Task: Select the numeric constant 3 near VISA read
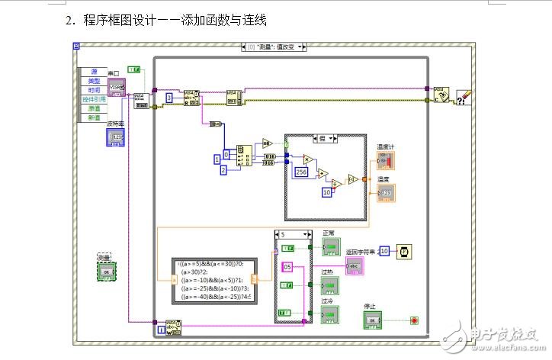tap(169, 98)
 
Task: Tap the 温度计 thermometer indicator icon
tap(386, 161)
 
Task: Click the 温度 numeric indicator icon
tap(386, 193)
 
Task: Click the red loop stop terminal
tap(414, 320)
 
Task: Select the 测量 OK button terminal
tap(107, 271)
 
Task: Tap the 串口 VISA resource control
tap(117, 88)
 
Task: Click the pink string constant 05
tap(287, 266)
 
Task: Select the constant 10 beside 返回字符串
tap(384, 251)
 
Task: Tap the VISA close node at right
tap(441, 94)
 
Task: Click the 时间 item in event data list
tap(93, 90)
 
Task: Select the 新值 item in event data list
tap(93, 117)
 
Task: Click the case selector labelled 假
tap(326, 138)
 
